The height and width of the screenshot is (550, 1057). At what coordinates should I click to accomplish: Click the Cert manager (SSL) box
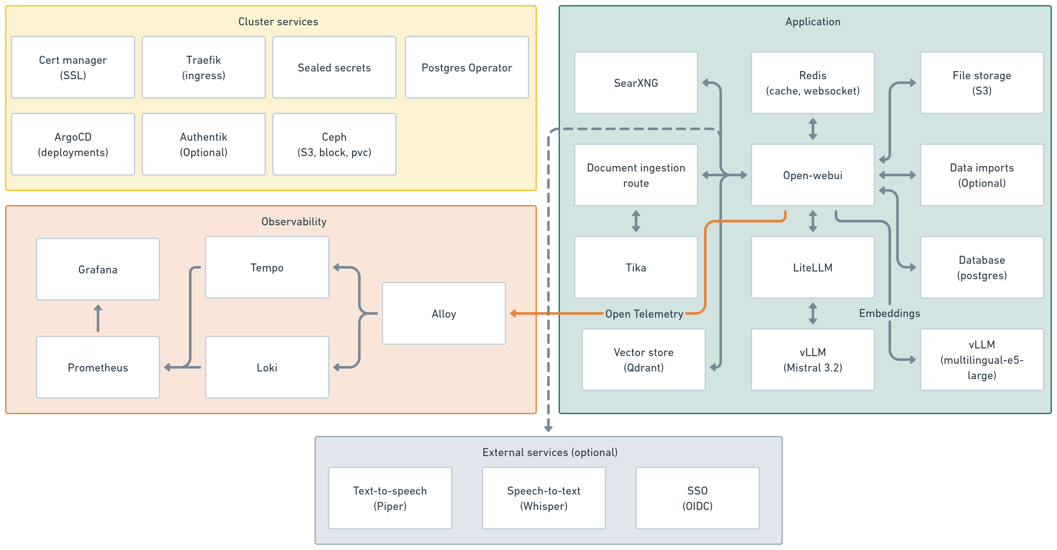coord(73,67)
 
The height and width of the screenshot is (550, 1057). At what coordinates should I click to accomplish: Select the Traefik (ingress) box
coord(203,67)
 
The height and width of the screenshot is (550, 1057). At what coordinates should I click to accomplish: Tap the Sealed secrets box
coord(334,67)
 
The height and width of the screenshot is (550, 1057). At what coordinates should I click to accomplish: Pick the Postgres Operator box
coord(467,67)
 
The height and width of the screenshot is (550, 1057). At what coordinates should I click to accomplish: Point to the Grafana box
coord(98,269)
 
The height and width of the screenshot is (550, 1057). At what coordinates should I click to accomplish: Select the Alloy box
coord(444,313)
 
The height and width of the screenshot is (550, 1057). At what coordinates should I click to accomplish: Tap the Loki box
coord(267,367)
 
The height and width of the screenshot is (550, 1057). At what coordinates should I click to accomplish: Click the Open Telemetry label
coord(644,314)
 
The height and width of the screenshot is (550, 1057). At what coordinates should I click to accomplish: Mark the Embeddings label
coord(889,313)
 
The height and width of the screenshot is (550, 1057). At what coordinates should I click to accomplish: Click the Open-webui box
coord(812,175)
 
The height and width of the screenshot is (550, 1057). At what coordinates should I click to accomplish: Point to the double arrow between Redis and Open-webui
coord(812,129)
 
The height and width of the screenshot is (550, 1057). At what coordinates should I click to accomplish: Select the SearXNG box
coord(635,83)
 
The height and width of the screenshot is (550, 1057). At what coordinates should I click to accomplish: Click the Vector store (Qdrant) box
coord(643,360)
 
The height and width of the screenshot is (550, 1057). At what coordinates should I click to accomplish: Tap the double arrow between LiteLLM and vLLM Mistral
coord(812,313)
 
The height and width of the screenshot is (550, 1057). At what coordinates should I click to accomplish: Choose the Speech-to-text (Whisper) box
coord(543,498)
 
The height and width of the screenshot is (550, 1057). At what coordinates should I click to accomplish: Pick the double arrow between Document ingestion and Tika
coord(635,221)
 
